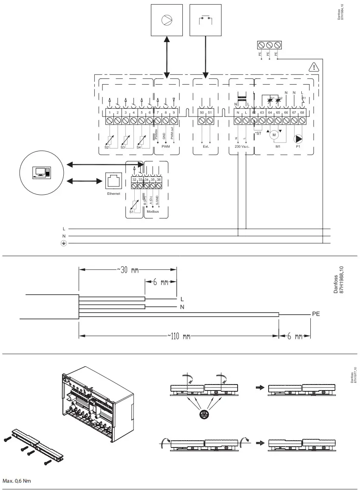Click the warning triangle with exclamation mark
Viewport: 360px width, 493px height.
coord(313,67)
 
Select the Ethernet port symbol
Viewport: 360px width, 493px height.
coord(113,181)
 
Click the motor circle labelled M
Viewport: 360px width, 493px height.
coord(274,135)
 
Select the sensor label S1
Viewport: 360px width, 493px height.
coord(131,211)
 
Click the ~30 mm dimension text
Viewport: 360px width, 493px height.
coord(128,271)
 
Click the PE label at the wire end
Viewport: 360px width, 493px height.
coord(316,314)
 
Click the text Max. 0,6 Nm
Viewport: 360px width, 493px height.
coord(17,481)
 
